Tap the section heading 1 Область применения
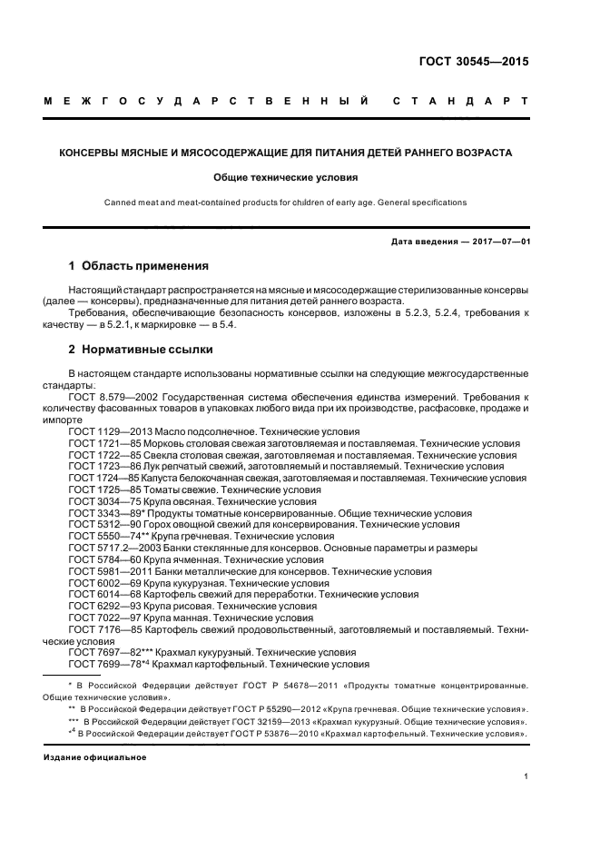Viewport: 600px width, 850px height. point(138,266)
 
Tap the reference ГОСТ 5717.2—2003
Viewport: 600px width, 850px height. point(109,549)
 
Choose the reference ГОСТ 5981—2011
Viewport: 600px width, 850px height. point(102,572)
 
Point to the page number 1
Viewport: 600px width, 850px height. point(526,776)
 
